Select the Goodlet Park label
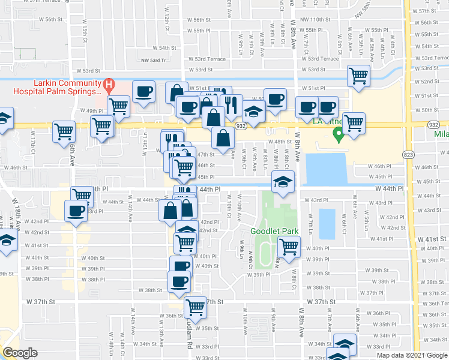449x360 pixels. [x=270, y=231]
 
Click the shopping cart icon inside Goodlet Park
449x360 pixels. [x=289, y=245]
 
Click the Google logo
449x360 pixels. [x=20, y=353]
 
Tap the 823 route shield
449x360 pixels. [x=409, y=154]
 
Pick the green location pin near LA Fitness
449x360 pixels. [x=339, y=136]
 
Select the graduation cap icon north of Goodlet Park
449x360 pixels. [x=282, y=180]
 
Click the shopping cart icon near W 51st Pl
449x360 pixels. [x=358, y=76]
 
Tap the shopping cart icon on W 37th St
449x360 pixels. [x=196, y=307]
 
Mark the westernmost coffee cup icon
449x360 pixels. [x=76, y=211]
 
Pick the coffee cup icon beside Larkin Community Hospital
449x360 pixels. [x=144, y=91]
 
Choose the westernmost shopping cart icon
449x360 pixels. [x=64, y=131]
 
